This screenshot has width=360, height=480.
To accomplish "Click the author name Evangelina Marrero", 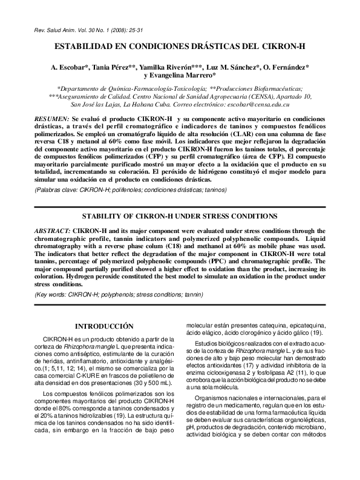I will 180,75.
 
